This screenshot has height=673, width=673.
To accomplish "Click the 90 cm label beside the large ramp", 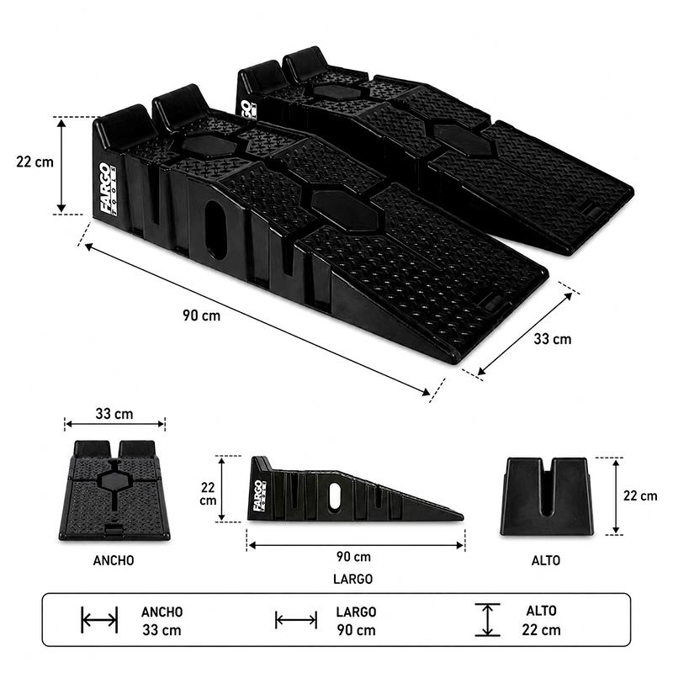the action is pyautogui.click(x=201, y=315).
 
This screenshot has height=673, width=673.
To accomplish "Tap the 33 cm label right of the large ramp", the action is pyautogui.click(x=553, y=339).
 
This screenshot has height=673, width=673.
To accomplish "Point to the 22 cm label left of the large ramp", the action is pyautogui.click(x=34, y=162).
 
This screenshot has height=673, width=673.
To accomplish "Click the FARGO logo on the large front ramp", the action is pyautogui.click(x=108, y=188).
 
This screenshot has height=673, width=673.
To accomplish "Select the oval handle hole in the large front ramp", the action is pyautogui.click(x=215, y=230).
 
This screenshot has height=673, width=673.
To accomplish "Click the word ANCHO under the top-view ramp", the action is pyautogui.click(x=114, y=560).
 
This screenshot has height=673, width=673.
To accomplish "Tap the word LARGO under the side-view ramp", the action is pyautogui.click(x=352, y=579).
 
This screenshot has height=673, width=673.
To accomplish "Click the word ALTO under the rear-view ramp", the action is pyautogui.click(x=545, y=560).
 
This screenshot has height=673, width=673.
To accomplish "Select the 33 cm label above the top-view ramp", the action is pyautogui.click(x=114, y=414).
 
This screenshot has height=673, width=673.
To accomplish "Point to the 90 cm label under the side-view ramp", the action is pyautogui.click(x=353, y=557).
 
